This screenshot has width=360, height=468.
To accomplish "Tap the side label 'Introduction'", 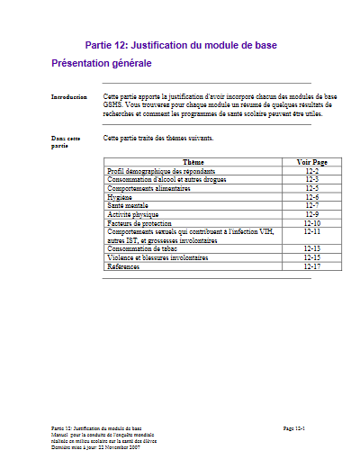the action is tap(69, 95).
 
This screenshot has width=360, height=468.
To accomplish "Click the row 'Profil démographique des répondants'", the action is tap(161, 170).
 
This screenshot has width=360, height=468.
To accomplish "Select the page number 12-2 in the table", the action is tap(312, 170).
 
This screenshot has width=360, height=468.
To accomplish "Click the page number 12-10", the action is tap(312, 222).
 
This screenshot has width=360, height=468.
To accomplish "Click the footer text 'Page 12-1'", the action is tap(294, 429).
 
